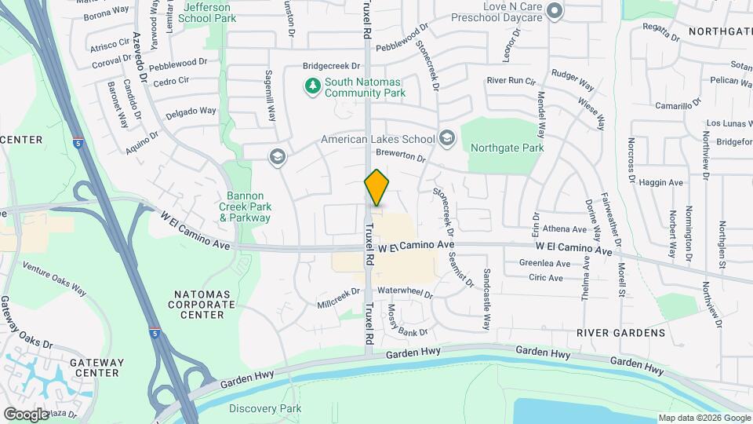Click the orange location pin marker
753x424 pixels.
coord(377,188)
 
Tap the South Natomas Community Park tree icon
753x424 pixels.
coord(313,86)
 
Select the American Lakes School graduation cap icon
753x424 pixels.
coord(447,139)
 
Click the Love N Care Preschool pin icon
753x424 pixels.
coord(555,11)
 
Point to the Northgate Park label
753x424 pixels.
coord(507,147)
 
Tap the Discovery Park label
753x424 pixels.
coord(265,408)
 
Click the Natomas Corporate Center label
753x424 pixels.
coord(197,304)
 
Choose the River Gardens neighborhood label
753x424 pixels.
coord(620,333)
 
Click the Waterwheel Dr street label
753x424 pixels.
coord(405,291)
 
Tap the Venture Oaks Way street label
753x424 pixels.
coord(54,279)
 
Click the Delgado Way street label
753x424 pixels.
coord(190,111)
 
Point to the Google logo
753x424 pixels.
coord(27,414)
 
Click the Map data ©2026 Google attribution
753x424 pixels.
coord(703,418)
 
